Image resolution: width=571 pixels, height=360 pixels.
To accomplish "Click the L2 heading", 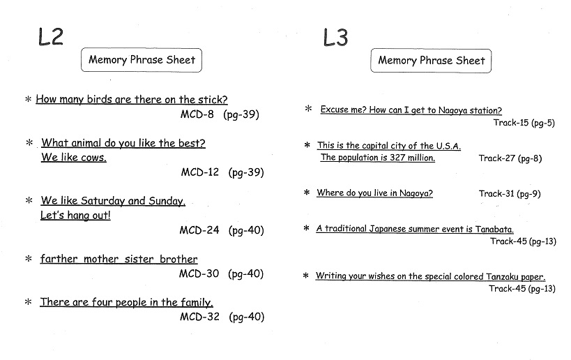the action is (51, 37).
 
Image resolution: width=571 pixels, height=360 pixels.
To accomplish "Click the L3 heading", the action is (335, 38).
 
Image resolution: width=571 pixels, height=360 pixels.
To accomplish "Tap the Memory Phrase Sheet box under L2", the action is (142, 60).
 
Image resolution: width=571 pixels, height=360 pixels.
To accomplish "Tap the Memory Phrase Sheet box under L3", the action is (431, 61).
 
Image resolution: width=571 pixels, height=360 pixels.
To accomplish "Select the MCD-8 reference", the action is (197, 114).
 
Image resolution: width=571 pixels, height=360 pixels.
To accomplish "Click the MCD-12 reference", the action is (200, 172).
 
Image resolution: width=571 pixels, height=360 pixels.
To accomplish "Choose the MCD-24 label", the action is (199, 230).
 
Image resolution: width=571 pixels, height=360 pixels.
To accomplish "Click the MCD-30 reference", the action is (199, 273).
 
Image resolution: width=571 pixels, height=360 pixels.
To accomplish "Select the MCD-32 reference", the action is (200, 317).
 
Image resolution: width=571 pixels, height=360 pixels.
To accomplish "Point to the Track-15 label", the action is (511, 122).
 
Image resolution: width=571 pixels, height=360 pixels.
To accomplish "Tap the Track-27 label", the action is (497, 158).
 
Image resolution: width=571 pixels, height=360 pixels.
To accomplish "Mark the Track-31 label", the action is (496, 193).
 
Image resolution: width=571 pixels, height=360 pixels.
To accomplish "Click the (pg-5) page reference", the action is (543, 123).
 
